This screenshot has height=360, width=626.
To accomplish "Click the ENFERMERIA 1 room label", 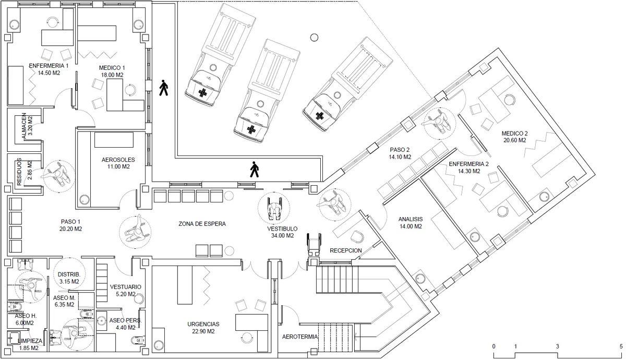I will pos(49,69).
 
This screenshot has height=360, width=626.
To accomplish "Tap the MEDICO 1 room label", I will pos(112,71).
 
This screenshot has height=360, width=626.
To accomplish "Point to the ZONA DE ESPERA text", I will pos(202,224).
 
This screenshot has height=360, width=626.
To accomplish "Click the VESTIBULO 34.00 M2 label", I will pos(282,232).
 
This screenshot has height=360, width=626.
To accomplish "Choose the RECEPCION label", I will pos(346,250).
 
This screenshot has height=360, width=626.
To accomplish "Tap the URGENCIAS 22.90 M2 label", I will pos(203,328).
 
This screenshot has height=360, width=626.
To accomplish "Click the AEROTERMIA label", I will pos(300,337).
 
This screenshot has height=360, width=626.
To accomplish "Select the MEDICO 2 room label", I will pos(515,136).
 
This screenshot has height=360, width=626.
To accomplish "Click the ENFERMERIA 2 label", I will pos(468,167).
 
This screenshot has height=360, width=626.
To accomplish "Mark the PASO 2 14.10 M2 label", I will pos(400,153).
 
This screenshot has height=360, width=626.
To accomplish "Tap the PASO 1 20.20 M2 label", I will pos(71,225).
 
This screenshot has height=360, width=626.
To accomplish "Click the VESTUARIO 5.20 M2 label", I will pos(125,291).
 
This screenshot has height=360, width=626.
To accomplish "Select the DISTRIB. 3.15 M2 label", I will pos(68,278).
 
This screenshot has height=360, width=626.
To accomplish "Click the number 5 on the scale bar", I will pos(621,346).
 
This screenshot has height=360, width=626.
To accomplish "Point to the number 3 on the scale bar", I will pos(557,346).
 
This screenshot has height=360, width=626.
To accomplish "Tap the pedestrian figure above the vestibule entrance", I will pos(254,170).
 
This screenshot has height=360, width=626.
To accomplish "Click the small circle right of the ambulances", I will pos(314,37).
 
